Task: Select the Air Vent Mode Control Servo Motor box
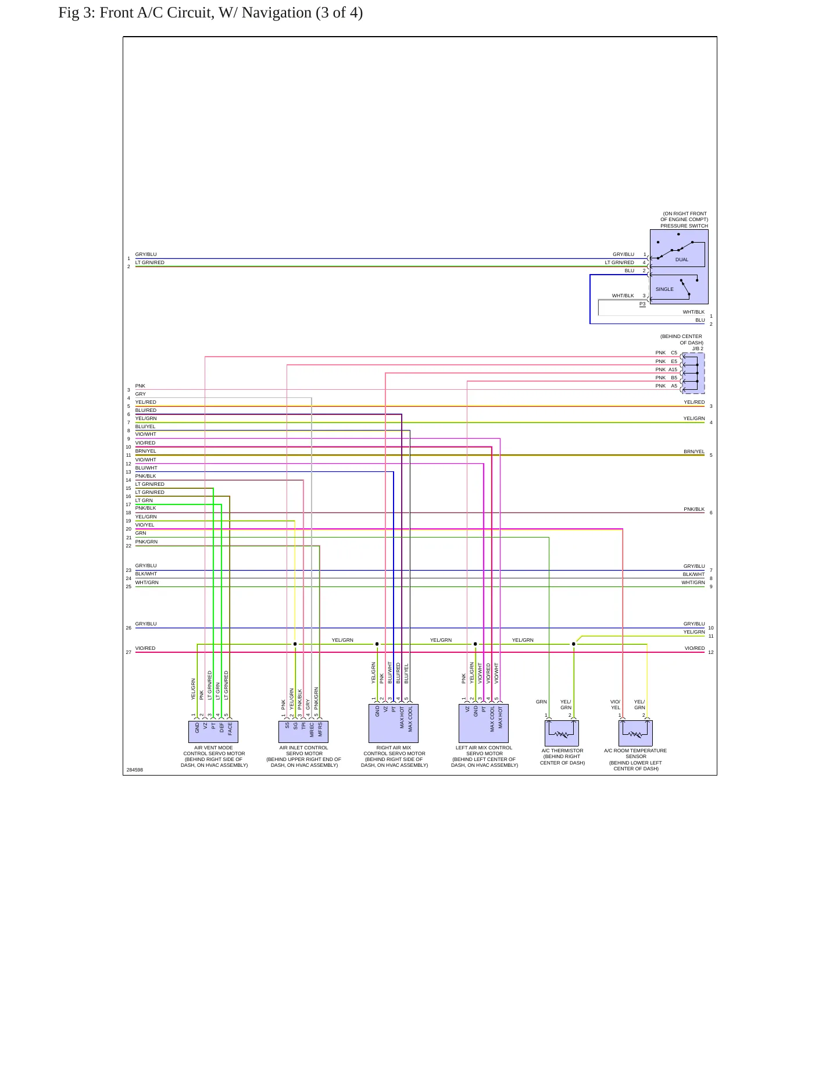(213, 731)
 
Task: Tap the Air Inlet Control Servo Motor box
(303, 731)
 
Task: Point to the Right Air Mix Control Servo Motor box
(394, 723)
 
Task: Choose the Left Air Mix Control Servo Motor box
(484, 723)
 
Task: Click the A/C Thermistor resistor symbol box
(562, 733)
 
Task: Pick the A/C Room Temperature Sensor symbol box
(635, 733)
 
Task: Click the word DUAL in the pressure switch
(682, 259)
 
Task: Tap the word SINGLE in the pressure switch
(664, 289)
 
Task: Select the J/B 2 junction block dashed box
(693, 373)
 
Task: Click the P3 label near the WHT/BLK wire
(642, 304)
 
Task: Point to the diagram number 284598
(135, 770)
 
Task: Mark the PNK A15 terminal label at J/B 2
(666, 369)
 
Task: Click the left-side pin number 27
(128, 652)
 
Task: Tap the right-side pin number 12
(711, 652)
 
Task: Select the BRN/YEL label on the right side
(694, 451)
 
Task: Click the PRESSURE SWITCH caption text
(684, 226)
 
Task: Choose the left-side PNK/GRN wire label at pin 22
(146, 542)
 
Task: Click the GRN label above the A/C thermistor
(541, 702)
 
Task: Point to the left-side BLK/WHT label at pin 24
(146, 574)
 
